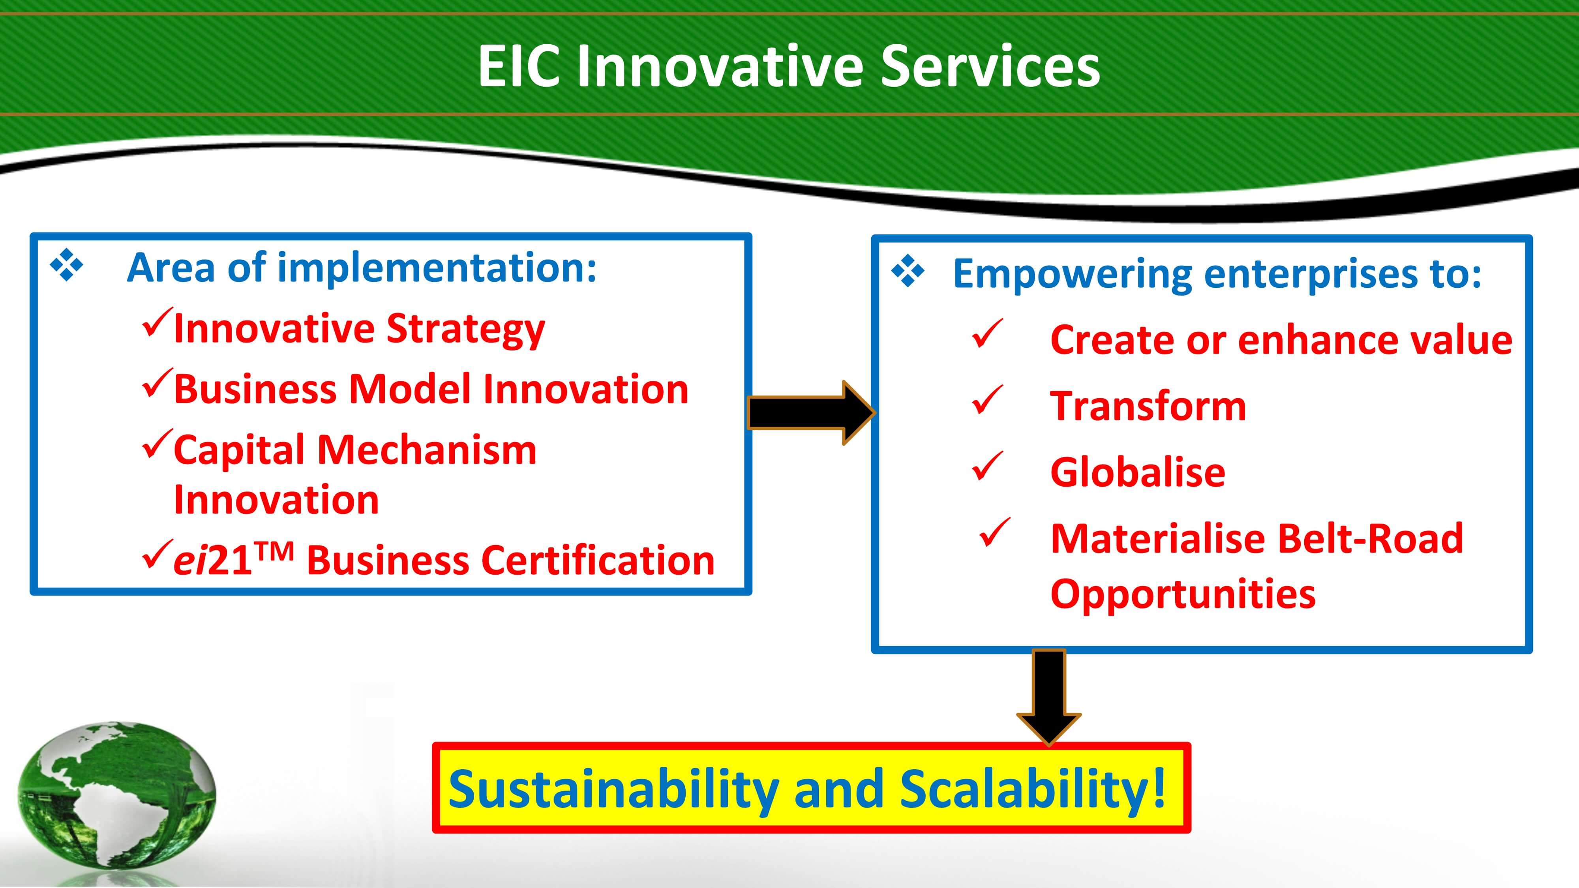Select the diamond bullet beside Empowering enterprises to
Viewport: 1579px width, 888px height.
908,272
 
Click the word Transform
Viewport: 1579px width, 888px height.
1148,406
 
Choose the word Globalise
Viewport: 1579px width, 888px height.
1138,472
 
